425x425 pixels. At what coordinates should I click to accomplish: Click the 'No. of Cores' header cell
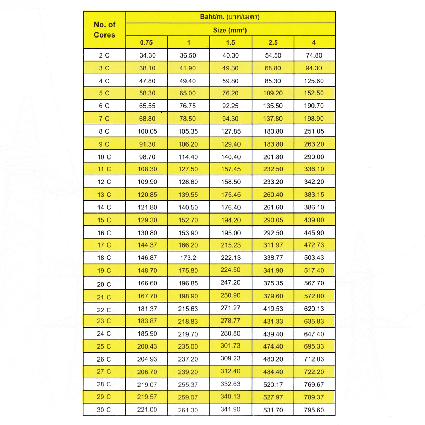click(x=104, y=30)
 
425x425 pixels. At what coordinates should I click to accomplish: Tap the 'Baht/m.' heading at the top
click(x=230, y=17)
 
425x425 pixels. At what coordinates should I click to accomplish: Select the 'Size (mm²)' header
click(x=230, y=30)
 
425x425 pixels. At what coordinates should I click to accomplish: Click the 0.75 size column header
click(x=146, y=42)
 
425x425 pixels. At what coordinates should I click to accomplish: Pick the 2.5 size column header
click(x=273, y=42)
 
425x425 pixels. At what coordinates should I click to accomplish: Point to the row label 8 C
click(x=104, y=131)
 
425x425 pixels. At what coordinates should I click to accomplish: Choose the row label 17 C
click(x=104, y=245)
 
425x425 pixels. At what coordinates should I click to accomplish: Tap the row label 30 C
click(x=104, y=410)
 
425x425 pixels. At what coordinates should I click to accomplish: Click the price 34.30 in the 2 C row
click(x=147, y=55)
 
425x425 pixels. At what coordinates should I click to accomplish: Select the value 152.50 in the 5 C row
click(x=314, y=93)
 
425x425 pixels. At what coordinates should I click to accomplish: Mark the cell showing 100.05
click(x=147, y=131)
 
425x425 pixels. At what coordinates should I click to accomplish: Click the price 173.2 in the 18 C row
click(x=188, y=258)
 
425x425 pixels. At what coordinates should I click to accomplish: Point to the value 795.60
click(x=314, y=410)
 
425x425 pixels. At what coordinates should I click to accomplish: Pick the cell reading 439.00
click(x=314, y=220)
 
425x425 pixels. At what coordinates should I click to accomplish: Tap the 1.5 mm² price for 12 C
click(x=231, y=182)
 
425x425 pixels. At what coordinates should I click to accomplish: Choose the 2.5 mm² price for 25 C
click(x=273, y=346)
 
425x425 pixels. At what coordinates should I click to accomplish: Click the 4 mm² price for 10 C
click(x=314, y=157)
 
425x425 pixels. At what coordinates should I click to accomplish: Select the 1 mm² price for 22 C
click(x=188, y=309)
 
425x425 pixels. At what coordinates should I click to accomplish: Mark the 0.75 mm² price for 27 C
click(x=147, y=372)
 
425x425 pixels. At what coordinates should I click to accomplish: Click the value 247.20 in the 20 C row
click(x=230, y=283)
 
